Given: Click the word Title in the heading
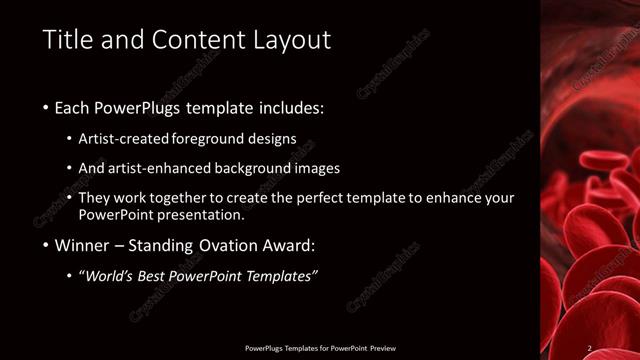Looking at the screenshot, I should coord(68,41).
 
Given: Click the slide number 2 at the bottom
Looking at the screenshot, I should coord(590,348).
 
